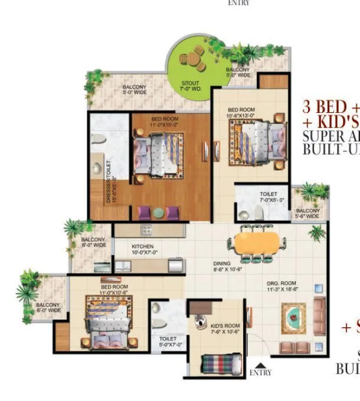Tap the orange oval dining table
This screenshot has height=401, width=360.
[x=257, y=242]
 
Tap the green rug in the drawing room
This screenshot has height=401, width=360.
[x=293, y=318]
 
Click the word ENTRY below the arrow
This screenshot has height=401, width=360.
[x=260, y=373]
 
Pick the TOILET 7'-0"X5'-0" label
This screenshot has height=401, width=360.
[x=269, y=197]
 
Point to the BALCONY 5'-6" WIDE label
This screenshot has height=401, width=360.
[x=308, y=213]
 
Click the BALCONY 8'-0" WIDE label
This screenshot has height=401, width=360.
[x=93, y=242]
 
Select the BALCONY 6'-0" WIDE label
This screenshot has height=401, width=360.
[x=48, y=307]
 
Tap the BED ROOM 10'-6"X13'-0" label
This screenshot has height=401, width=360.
[x=241, y=113]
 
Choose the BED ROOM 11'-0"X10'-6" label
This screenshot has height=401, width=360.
[x=114, y=290]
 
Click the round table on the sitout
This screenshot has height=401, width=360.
[x=191, y=58]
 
